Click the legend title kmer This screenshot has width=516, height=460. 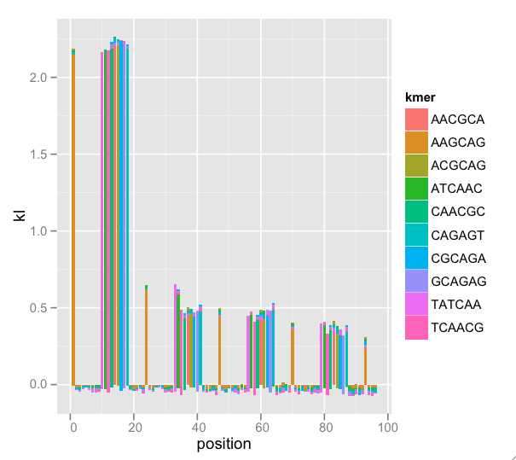pos(420,99)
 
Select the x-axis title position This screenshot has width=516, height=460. pos(223,445)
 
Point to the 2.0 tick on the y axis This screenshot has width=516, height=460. pos(46,78)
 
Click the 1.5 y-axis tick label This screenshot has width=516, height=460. pos(46,154)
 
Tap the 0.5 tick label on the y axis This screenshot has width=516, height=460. pos(46,308)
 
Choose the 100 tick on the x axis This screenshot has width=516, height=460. pos(387,427)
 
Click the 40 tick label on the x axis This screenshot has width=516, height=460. pos(198,427)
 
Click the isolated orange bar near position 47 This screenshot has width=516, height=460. pos(219,350)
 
